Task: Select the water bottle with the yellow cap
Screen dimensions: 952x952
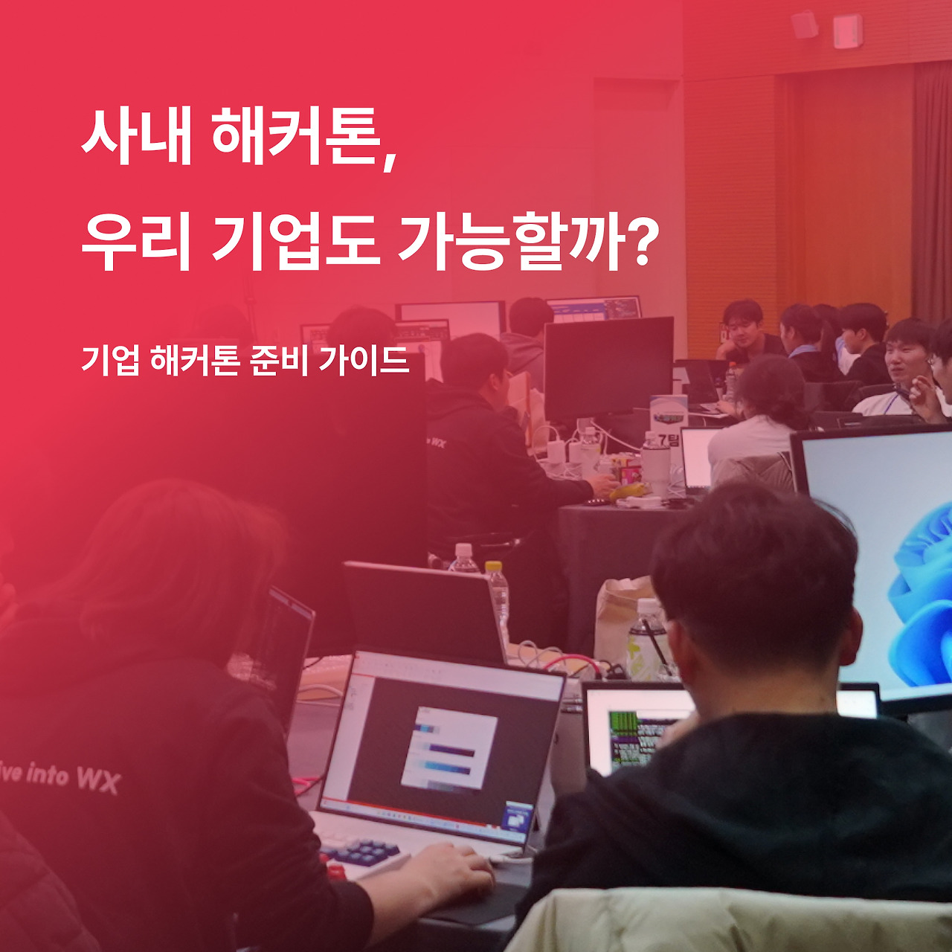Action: [498, 602]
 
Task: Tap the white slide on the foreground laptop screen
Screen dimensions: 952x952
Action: [448, 747]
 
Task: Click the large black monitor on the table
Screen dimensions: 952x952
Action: [608, 368]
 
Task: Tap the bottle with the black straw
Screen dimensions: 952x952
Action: [647, 640]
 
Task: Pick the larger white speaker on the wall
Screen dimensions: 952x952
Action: [847, 30]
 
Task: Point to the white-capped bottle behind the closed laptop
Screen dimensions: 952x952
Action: [463, 559]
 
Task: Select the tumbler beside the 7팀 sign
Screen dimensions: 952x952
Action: [655, 465]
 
